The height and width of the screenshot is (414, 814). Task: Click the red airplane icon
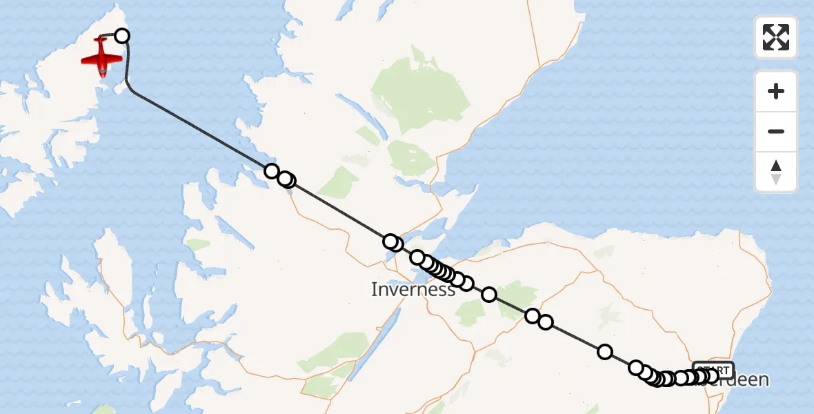tap(102, 57)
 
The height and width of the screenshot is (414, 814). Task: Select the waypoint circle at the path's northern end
tap(122, 36)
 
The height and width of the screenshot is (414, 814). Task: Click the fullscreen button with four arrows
tap(776, 37)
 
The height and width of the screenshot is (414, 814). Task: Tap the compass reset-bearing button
tap(776, 172)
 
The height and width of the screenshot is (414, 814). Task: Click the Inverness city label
tap(413, 289)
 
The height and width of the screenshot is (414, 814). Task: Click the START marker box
tap(713, 369)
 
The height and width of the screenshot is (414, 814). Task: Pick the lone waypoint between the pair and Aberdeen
tap(605, 352)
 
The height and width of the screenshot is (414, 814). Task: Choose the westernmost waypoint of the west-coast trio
tap(272, 171)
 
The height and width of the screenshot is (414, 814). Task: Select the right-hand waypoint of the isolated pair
tap(546, 322)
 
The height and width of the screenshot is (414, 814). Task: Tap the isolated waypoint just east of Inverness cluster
tap(489, 295)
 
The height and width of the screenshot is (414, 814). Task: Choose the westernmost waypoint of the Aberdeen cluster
tap(636, 368)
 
